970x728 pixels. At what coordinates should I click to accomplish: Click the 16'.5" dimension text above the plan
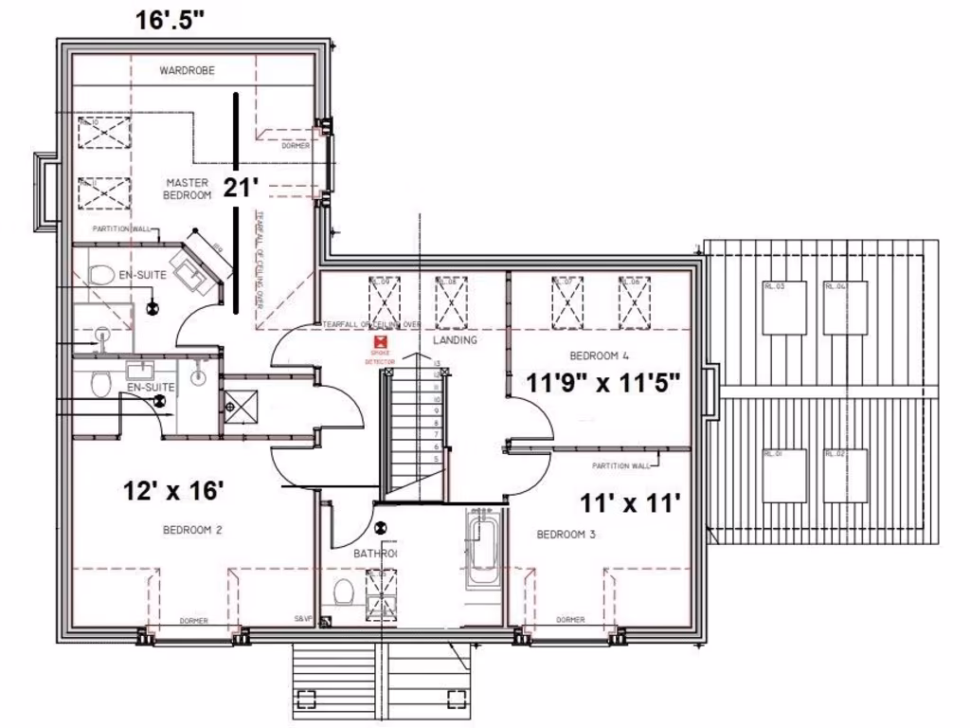(171, 21)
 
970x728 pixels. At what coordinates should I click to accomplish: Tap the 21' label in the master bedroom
(242, 188)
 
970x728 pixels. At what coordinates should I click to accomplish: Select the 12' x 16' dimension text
(173, 491)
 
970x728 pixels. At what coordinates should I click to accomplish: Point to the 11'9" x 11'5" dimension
(605, 384)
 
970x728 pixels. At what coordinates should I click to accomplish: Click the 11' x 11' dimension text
(631, 502)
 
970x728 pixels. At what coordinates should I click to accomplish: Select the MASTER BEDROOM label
(188, 189)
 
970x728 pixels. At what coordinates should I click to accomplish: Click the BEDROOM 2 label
(191, 531)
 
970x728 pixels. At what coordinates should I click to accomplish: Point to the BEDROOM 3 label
(566, 535)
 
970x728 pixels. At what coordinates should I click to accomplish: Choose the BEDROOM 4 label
(599, 356)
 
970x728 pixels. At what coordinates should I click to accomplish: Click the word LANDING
(454, 340)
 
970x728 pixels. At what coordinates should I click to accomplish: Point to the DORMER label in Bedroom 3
(570, 620)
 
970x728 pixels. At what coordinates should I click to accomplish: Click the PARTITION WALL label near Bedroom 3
(620, 465)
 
